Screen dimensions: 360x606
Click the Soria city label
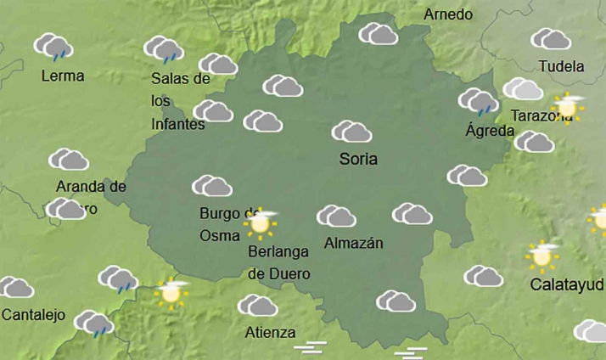pyautogui.click(x=357, y=159)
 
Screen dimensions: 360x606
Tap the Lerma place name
pyautogui.click(x=63, y=76)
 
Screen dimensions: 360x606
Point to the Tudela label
pyautogui.click(x=561, y=66)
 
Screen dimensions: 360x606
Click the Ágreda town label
pyautogui.click(x=490, y=131)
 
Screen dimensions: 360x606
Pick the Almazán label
pyautogui.click(x=354, y=244)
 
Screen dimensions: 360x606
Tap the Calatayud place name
pyautogui.click(x=566, y=284)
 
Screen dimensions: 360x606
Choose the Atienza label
pyautogui.click(x=270, y=332)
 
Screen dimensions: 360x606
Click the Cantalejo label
pyautogui.click(x=33, y=315)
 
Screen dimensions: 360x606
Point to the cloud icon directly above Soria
pyautogui.click(x=351, y=132)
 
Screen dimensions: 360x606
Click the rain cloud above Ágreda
pyautogui.click(x=479, y=101)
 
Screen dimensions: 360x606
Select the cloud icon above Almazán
pyautogui.click(x=336, y=217)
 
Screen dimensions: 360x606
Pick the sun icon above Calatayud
pyautogui.click(x=541, y=254)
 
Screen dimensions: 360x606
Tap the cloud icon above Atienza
pyautogui.click(x=257, y=306)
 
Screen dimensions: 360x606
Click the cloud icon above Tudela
pyautogui.click(x=550, y=39)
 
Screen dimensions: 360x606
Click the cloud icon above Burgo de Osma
pyautogui.click(x=212, y=186)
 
